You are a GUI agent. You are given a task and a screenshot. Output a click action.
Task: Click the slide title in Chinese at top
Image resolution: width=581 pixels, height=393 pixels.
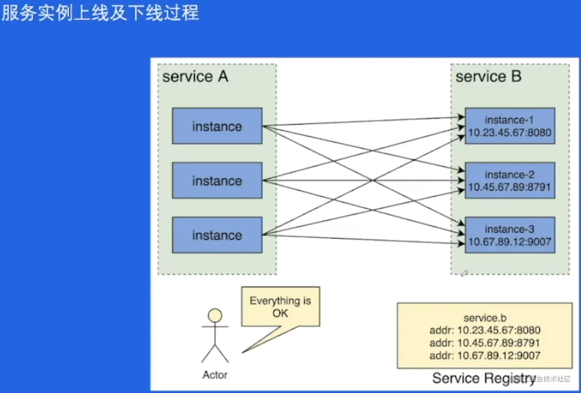pyautogui.click(x=100, y=12)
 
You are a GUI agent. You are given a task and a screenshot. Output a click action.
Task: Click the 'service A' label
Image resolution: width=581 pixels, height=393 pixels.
pyautogui.click(x=195, y=76)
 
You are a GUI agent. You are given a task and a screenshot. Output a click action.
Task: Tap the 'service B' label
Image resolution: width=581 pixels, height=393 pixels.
pyautogui.click(x=488, y=76)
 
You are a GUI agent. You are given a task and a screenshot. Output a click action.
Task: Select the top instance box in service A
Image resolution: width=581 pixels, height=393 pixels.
pyautogui.click(x=217, y=126)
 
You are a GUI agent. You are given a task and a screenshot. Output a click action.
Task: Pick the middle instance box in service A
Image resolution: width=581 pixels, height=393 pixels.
pyautogui.click(x=217, y=180)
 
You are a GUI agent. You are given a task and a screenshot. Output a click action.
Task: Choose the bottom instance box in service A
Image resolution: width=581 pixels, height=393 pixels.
pyautogui.click(x=217, y=235)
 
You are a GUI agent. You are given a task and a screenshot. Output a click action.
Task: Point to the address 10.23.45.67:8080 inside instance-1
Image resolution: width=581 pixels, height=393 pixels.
pyautogui.click(x=510, y=132)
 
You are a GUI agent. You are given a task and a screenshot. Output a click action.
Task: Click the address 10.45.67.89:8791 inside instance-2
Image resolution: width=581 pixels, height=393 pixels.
pyautogui.click(x=510, y=187)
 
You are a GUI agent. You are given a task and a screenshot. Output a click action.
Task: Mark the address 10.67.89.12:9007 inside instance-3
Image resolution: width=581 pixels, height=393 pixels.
pyautogui.click(x=510, y=242)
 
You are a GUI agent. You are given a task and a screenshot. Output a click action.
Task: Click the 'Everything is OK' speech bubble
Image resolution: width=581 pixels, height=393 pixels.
pyautogui.click(x=281, y=307)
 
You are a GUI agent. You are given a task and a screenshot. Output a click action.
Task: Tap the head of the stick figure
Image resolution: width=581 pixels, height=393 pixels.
pyautogui.click(x=215, y=315)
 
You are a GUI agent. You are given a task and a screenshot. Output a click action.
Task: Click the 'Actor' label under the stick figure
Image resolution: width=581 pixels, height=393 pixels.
pyautogui.click(x=215, y=375)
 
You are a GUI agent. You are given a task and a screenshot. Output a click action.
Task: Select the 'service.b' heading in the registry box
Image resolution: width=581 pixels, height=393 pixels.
pyautogui.click(x=485, y=318)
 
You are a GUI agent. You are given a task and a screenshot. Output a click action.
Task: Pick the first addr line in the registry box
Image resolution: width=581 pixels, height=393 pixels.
pyautogui.click(x=485, y=330)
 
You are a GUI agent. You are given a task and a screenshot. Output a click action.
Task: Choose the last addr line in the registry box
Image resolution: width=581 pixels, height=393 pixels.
pyautogui.click(x=485, y=355)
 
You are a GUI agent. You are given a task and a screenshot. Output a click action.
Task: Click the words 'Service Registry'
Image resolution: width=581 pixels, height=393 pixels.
pyautogui.click(x=483, y=378)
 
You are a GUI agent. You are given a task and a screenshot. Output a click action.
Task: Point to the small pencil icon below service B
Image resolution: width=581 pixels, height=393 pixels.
pyautogui.click(x=464, y=273)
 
